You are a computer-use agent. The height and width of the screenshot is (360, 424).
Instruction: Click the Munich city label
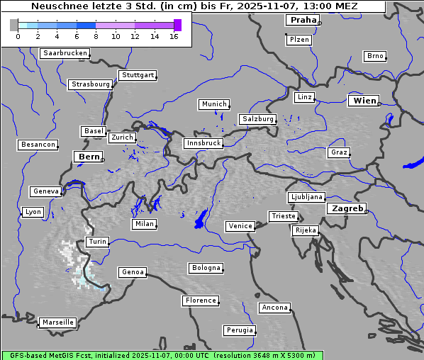pos(214,104)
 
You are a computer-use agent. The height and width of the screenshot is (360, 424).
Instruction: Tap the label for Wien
pos(365,101)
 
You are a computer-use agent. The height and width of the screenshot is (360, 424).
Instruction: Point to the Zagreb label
pos(347,209)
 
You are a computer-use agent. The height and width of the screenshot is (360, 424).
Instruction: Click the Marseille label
pos(58,322)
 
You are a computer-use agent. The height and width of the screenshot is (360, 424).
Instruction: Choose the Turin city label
pos(98,242)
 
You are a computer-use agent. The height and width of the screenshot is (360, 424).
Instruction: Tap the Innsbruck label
pos(203,143)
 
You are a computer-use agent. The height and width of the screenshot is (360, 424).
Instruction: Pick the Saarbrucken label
pos(65,53)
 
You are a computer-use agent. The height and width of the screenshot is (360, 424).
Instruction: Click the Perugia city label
pos(240,330)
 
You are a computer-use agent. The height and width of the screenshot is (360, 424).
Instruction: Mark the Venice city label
pos(240,226)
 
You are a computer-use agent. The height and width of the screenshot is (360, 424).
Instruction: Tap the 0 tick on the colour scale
pos(18,36)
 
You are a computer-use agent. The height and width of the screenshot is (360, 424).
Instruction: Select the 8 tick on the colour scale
pos(96,36)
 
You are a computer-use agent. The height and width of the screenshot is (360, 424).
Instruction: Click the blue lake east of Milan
pos(201,219)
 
